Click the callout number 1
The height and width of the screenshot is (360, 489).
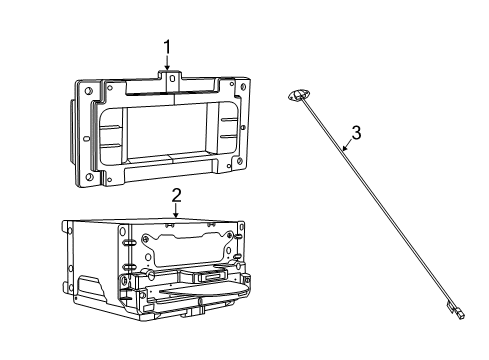click(168, 46)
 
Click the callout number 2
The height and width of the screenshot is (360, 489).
click(175, 196)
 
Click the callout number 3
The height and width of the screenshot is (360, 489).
click(354, 132)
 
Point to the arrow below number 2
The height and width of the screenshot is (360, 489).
click(175, 211)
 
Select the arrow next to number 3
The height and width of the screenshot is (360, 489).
click(345, 147)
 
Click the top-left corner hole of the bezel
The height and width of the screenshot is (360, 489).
click(90, 93)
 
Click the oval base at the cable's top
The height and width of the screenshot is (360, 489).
click(293, 94)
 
